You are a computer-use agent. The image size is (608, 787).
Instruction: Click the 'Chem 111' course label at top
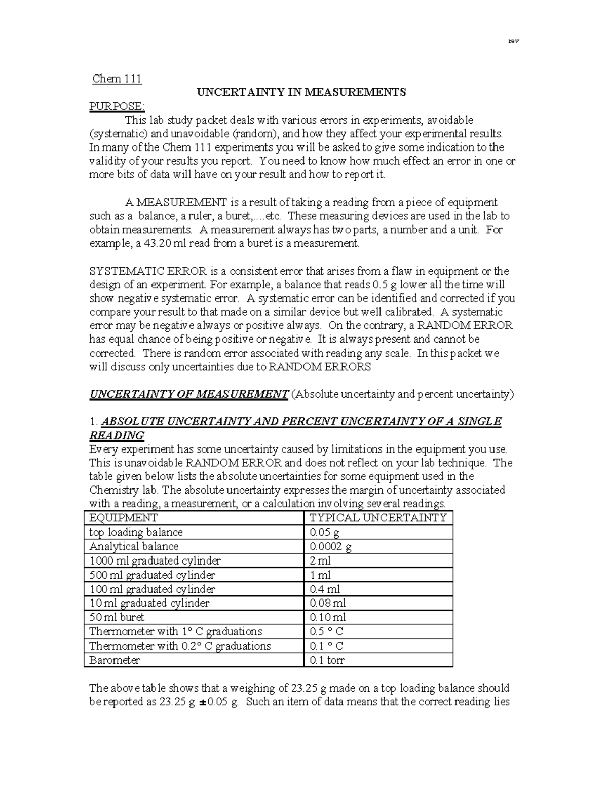(x=117, y=79)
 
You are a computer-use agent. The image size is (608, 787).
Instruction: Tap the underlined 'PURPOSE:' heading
(x=117, y=106)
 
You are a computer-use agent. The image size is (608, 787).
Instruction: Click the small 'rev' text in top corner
(x=513, y=41)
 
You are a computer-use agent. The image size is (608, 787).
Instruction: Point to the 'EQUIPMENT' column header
(x=123, y=518)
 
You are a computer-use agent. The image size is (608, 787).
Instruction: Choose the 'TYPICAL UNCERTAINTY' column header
(x=377, y=518)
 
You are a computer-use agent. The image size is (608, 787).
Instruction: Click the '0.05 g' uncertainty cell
(x=324, y=532)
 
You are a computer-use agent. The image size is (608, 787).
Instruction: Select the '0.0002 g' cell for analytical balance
(x=330, y=546)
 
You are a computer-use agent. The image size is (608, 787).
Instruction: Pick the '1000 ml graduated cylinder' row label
(x=155, y=560)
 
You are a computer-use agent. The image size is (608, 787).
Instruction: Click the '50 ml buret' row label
(x=117, y=617)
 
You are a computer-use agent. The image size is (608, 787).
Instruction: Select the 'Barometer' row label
(x=115, y=660)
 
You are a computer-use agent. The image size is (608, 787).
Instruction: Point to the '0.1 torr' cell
(x=327, y=660)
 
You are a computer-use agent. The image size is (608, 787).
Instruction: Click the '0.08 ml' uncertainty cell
(x=327, y=603)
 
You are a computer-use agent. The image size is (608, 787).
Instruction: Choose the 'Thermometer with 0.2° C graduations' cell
(x=180, y=646)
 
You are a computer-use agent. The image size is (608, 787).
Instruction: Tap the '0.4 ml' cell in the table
(x=325, y=589)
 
